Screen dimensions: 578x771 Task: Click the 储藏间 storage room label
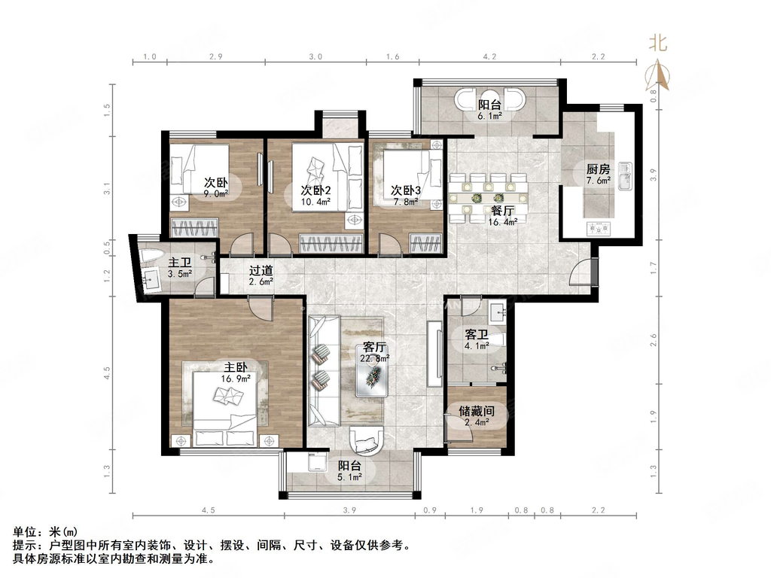pyautogui.click(x=476, y=412)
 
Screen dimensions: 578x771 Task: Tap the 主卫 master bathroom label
pyautogui.click(x=179, y=262)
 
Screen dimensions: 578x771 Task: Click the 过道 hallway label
pyautogui.click(x=261, y=270)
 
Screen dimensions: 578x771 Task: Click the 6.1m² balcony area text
pyautogui.click(x=490, y=117)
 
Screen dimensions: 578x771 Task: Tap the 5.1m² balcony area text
pyautogui.click(x=350, y=476)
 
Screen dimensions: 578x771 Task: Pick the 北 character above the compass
pyautogui.click(x=657, y=44)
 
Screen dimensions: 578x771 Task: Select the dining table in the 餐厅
pyautogui.click(x=489, y=198)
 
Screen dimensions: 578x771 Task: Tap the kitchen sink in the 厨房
pyautogui.click(x=622, y=181)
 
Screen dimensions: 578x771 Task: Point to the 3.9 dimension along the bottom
pyautogui.click(x=349, y=510)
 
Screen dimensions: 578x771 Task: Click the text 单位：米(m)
pyautogui.click(x=45, y=532)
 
